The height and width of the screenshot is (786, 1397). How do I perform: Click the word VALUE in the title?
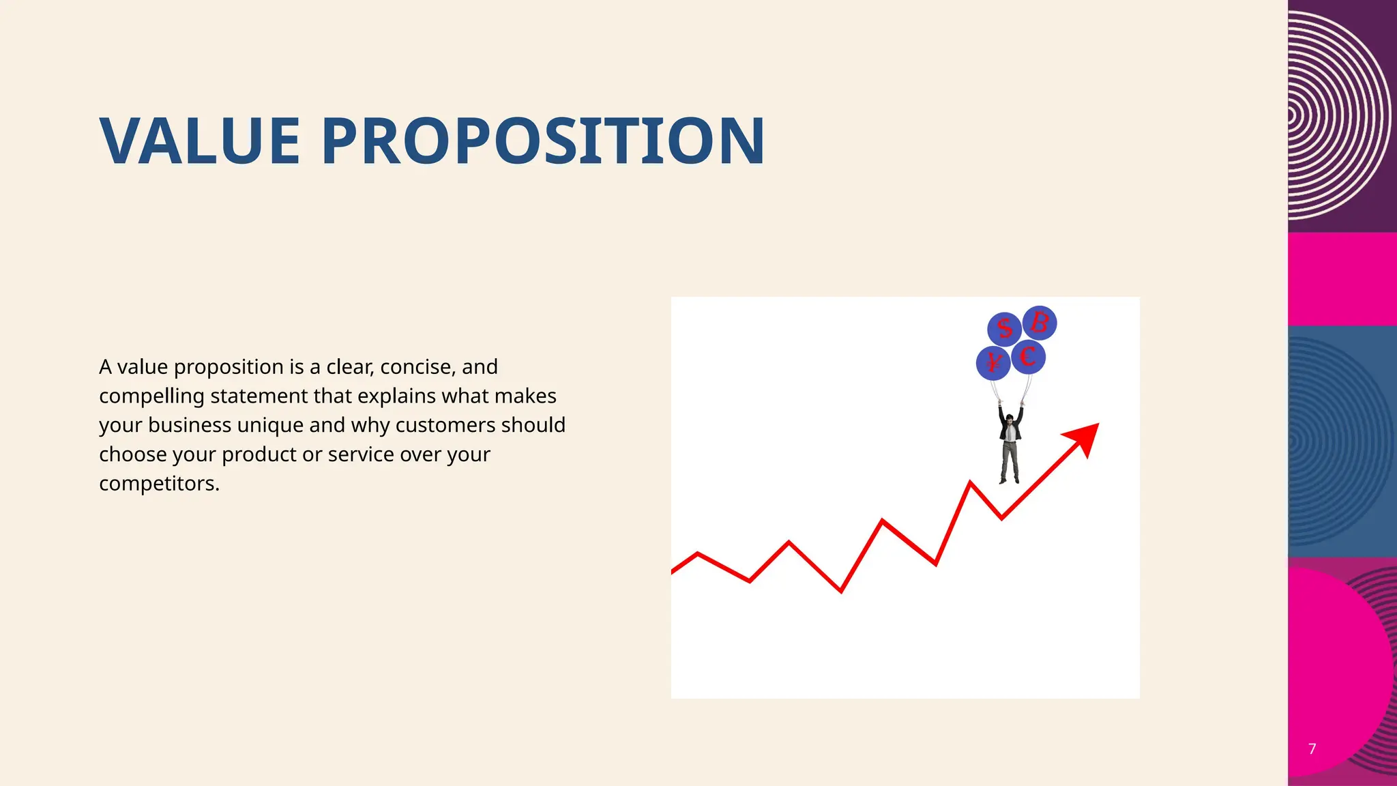point(200,141)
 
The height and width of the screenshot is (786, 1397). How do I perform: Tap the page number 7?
point(1312,748)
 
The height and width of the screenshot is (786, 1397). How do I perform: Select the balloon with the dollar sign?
point(1004,329)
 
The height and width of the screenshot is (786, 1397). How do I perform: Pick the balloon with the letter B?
point(1040,322)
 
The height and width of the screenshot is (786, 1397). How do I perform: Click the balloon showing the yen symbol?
point(992,363)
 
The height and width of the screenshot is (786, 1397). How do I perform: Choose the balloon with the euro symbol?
point(1028,357)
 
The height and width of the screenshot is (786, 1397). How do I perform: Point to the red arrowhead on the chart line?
point(1085,437)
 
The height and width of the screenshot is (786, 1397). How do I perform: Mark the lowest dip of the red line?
point(840,591)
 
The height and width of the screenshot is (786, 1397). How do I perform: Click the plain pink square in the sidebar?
point(1342,278)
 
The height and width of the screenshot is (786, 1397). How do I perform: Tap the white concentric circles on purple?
point(1337,116)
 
